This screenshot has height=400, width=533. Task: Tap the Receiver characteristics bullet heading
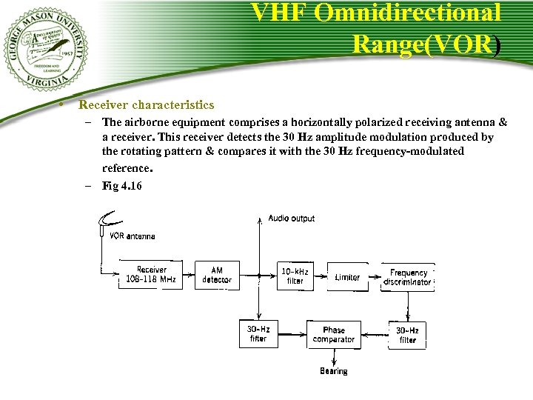147,105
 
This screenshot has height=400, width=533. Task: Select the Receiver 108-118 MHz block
151,275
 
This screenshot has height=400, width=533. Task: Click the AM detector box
217,275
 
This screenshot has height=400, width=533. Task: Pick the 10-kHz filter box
295,276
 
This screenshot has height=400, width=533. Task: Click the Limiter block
347,277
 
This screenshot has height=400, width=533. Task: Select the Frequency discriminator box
408,277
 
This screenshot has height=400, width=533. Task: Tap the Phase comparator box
333,335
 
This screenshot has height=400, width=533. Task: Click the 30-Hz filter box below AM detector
258,334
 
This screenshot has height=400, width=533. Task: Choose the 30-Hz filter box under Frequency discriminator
407,335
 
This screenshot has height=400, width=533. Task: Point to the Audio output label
291,219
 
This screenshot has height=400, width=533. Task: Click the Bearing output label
333,371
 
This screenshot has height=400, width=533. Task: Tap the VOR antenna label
133,236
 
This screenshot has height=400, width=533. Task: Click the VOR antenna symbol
111,221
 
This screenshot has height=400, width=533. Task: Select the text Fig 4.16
121,185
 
